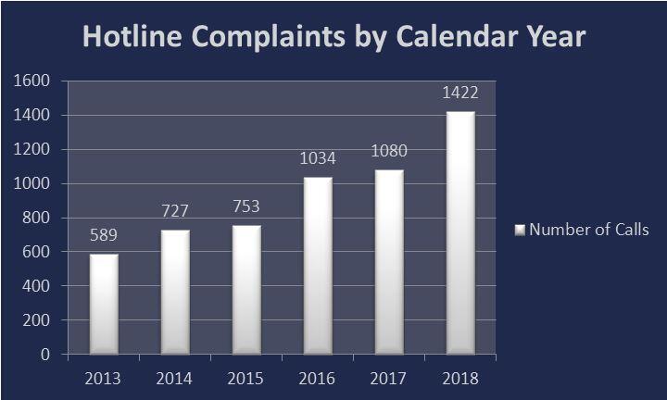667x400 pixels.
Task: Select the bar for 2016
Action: click(x=318, y=265)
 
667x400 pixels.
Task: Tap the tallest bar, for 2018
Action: click(x=460, y=232)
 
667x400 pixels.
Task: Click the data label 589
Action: click(x=104, y=234)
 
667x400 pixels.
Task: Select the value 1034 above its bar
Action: click(x=318, y=158)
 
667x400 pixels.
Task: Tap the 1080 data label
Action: click(x=389, y=151)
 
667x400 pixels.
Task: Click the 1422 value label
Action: click(x=460, y=93)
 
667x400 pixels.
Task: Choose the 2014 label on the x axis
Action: click(x=175, y=377)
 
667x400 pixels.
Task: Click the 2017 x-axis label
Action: click(x=389, y=377)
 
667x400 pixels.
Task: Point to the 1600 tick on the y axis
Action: click(x=31, y=81)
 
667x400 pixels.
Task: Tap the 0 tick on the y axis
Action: click(x=44, y=354)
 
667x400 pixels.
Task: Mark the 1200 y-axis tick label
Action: click(x=31, y=150)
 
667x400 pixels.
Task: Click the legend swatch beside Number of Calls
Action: click(x=520, y=230)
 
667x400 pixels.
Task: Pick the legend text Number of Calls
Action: click(x=588, y=230)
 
